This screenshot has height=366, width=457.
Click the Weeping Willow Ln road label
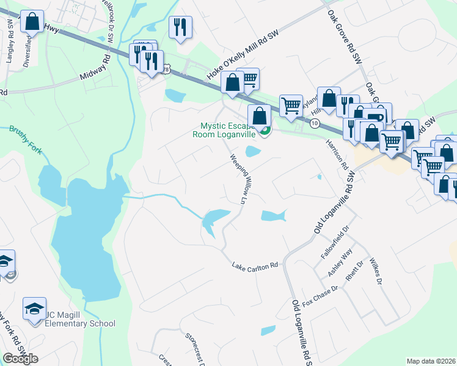(x=240, y=179)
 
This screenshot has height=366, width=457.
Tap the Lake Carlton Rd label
(x=255, y=265)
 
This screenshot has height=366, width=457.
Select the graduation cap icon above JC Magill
(x=35, y=307)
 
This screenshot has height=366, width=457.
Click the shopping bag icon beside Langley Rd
(x=32, y=22)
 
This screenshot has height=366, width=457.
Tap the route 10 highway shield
(x=315, y=123)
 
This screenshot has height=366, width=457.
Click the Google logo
(x=21, y=359)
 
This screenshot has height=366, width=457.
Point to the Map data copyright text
(x=431, y=361)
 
